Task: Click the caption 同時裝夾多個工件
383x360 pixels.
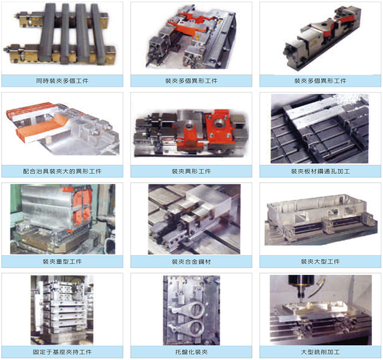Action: point(62,81)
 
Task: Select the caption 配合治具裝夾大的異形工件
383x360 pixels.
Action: point(62,171)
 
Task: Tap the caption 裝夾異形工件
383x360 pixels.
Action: point(191,171)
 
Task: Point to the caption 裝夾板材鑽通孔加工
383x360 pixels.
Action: point(320,171)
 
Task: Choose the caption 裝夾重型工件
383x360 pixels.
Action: point(62,262)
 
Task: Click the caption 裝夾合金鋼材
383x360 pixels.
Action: point(191,262)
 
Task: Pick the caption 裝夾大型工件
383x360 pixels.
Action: point(320,262)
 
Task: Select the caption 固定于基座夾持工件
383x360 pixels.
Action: point(62,352)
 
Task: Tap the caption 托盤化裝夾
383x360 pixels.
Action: point(191,352)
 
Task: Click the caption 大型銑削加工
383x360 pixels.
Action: point(320,352)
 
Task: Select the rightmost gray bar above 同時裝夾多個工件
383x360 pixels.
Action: point(98,33)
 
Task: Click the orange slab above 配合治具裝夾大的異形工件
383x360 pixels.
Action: point(42,127)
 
